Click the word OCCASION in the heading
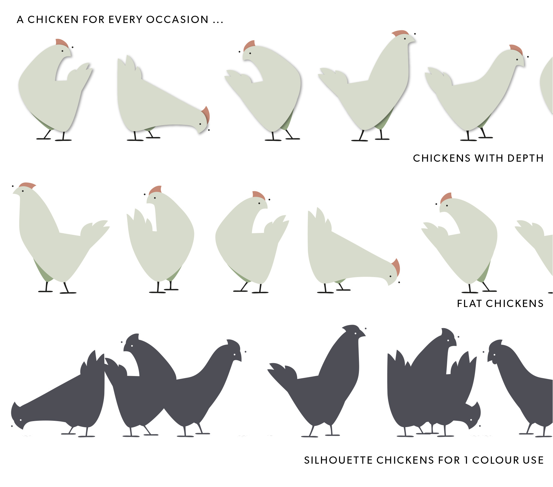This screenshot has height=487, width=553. click(x=177, y=20)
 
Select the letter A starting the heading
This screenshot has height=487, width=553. click(x=20, y=20)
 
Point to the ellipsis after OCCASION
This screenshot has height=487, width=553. click(x=218, y=22)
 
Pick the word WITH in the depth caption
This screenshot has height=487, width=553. click(x=490, y=158)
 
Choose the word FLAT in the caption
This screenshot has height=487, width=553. click(x=469, y=303)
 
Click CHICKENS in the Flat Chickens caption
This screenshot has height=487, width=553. click(x=515, y=303)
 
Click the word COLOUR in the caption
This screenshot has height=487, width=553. click(x=495, y=460)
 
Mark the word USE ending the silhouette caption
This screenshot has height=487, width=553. click(x=533, y=460)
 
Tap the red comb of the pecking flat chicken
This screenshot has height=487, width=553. click(x=396, y=267)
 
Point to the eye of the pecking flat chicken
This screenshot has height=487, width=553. click(x=390, y=276)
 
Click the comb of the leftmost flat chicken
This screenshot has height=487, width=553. click(x=27, y=185)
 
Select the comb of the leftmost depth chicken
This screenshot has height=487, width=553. click(x=62, y=43)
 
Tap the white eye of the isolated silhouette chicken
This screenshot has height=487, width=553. click(x=356, y=333)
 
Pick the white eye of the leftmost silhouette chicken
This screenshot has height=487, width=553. click(x=21, y=420)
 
